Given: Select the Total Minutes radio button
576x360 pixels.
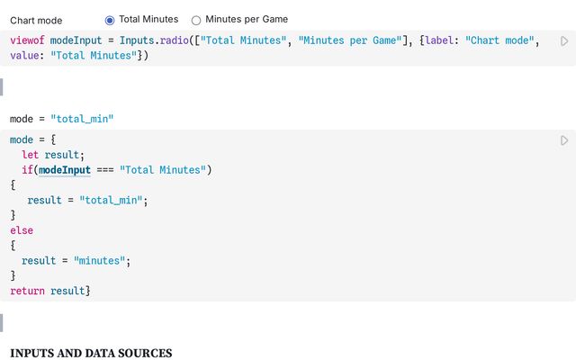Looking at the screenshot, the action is point(110,20).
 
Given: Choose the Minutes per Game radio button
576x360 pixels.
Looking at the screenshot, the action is point(196,20).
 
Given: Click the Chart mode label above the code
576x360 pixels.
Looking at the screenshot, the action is point(36,21).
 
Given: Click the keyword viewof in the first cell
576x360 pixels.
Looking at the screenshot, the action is point(27,40).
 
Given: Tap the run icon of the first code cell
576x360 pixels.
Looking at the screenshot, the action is point(564,40).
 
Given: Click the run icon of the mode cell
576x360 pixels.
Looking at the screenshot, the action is point(564,140).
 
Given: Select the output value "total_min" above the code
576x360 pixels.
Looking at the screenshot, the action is point(82,119).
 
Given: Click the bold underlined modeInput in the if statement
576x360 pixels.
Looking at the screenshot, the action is point(65,170).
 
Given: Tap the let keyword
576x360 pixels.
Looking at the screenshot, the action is point(30,155).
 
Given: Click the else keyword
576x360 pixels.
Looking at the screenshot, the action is point(22,230).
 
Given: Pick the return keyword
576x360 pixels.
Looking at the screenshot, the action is point(27,291).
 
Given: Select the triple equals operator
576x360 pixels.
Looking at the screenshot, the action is point(105,170).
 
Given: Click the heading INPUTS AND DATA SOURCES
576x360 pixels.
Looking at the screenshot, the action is point(91,353).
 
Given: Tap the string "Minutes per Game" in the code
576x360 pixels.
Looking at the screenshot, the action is point(350,40).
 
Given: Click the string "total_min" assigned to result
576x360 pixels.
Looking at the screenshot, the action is point(111,200).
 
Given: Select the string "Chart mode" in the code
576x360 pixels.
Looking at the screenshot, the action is point(499,40).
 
